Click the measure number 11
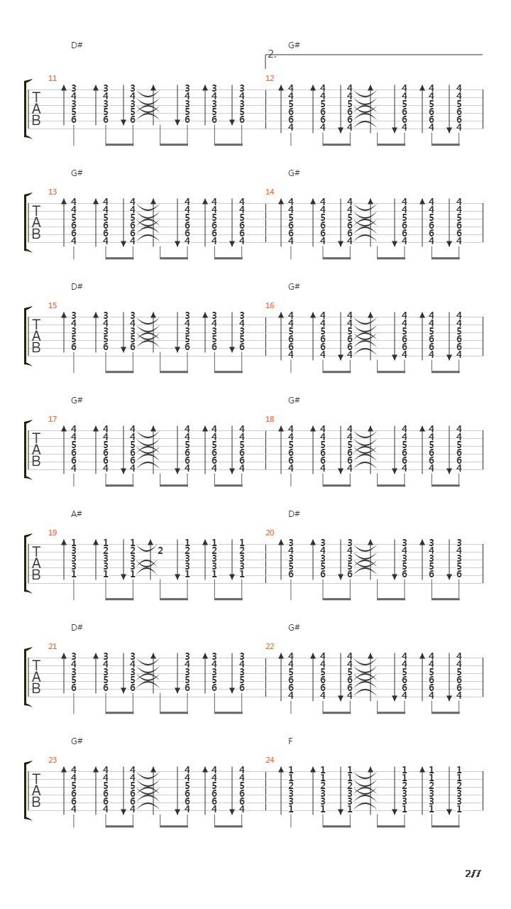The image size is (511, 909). tap(53, 78)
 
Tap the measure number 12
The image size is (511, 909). tap(270, 78)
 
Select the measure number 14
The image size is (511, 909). tap(270, 192)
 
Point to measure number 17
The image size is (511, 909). tap(53, 419)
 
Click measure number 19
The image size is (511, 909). tap(53, 533)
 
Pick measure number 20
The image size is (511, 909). tap(270, 533)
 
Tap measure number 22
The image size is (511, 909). tap(270, 646)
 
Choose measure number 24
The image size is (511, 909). tap(270, 760)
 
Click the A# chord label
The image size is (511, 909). tap(77, 514)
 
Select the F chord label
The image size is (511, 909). tap(290, 741)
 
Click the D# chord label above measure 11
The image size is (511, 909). tap(77, 45)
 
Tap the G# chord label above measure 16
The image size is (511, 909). tap(294, 287)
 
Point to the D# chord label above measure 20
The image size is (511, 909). tap(294, 514)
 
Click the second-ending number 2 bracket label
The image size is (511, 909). tap(272, 55)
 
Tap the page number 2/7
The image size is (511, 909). tap(473, 873)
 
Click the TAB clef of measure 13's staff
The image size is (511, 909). tap(36, 222)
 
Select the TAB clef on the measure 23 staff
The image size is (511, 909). tap(36, 790)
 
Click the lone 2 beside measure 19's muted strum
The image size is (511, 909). tap(160, 550)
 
